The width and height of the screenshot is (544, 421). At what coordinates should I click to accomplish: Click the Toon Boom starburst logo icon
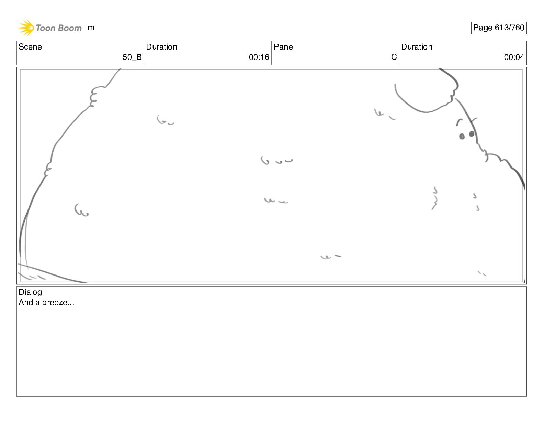pos(26,28)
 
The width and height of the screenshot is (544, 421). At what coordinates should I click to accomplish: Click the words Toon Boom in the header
pos(59,28)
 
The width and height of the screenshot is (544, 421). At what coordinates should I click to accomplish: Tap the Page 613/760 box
pos(498,28)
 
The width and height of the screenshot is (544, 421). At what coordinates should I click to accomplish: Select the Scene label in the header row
pos(30,47)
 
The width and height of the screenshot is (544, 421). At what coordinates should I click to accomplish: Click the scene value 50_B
pos(132,57)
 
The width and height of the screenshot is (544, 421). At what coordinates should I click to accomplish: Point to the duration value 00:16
pos(259,57)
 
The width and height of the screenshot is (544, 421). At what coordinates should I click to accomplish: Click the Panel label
pos(284,47)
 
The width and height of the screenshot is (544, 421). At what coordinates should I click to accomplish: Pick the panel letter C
pos(394,57)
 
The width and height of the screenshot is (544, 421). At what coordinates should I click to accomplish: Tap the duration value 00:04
pos(514,57)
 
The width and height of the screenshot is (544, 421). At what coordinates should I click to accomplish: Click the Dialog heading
pos(30,292)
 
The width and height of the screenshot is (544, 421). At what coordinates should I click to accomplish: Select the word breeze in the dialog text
pos(55,303)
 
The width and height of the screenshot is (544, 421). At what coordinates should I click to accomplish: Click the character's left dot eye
pos(462,137)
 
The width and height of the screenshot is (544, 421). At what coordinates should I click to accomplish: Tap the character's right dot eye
pos(472,133)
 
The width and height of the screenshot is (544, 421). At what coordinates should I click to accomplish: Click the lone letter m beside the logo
pos(91,28)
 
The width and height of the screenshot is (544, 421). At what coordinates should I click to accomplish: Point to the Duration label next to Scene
pos(161,47)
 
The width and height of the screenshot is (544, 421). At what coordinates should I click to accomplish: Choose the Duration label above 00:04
pos(417,47)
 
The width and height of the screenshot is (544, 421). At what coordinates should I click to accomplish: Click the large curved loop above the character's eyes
pos(422,103)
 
